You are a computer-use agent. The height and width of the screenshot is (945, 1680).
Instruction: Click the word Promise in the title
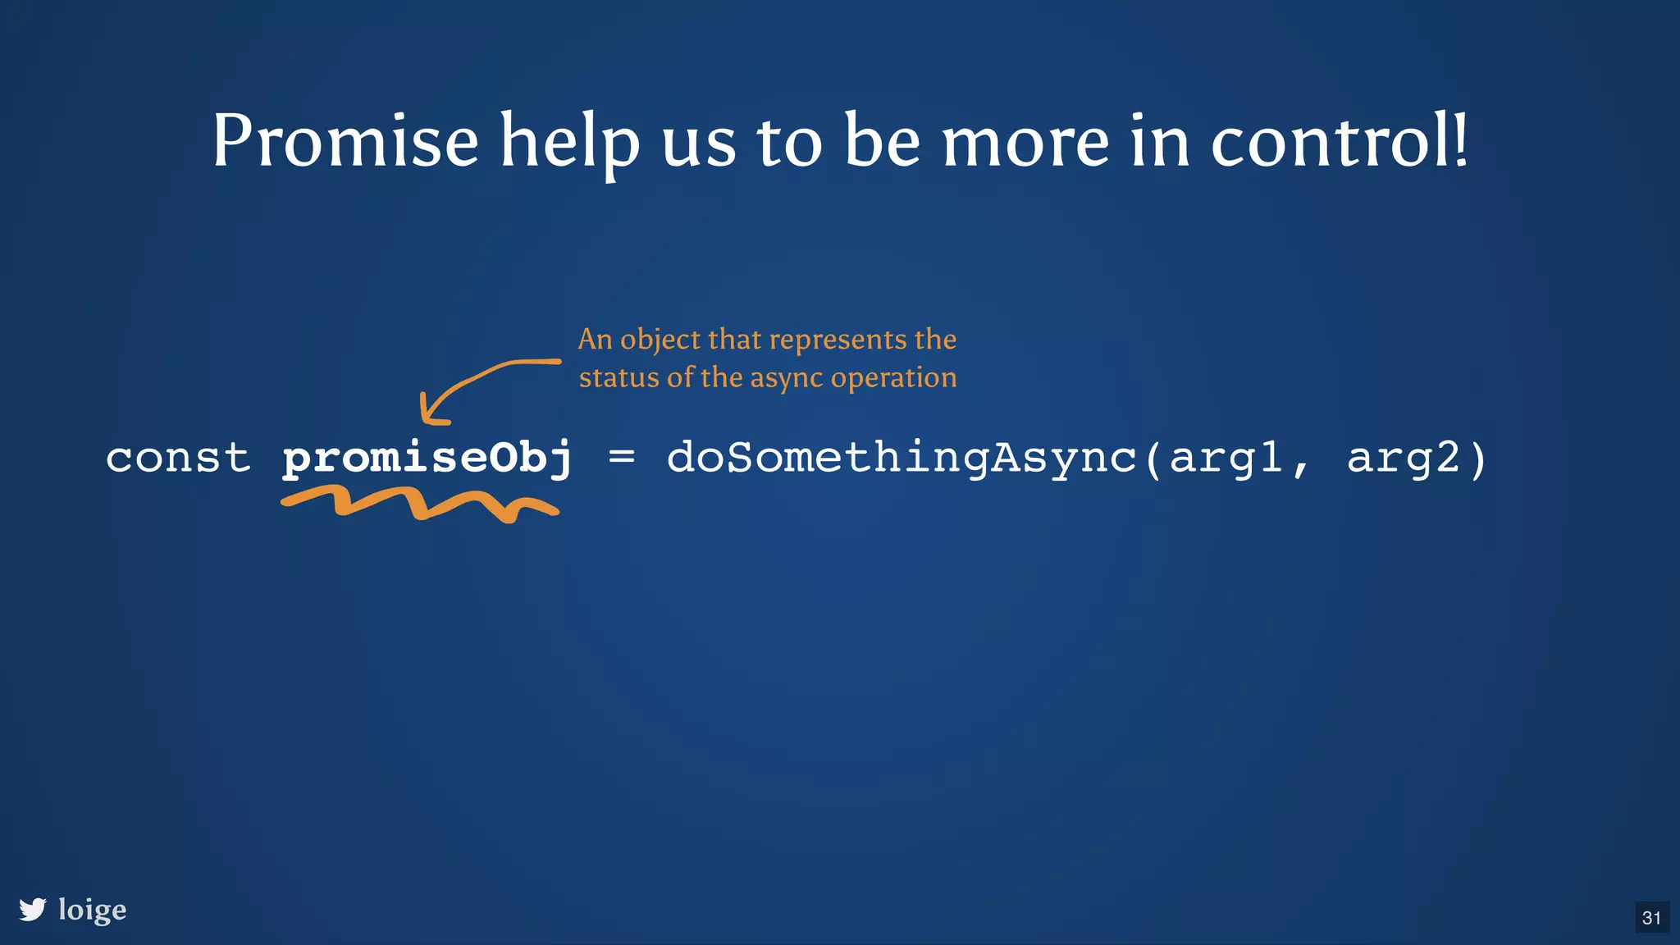345,141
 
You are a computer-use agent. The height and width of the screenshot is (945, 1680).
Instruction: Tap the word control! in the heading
1339,141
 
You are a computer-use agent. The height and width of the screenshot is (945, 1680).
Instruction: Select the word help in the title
569,144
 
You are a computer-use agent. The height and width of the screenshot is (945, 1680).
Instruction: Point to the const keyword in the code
178,458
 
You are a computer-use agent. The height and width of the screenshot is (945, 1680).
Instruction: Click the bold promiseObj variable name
427,458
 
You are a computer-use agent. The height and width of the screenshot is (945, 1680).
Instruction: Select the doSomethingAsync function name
902,458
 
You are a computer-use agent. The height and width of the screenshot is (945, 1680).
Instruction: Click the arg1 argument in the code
1226,458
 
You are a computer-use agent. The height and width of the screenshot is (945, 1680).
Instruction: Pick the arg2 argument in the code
1404,458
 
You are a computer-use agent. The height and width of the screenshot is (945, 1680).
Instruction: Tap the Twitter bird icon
33,909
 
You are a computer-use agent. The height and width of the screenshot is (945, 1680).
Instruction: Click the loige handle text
93,910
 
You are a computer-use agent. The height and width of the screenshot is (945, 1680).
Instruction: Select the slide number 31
1651,918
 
